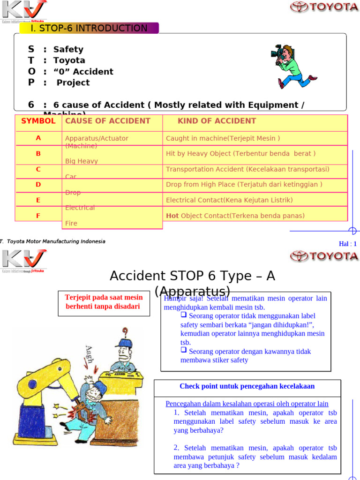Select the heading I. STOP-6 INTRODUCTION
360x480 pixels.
89,28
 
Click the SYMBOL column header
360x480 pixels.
38,121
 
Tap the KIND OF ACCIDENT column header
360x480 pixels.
217,121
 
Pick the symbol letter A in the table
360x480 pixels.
38,138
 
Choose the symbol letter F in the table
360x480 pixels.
38,216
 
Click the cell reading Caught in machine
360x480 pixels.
223,138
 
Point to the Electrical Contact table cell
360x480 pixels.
229,200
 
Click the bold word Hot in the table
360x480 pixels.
172,216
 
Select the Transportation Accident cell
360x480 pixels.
247,169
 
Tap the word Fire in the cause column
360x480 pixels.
71,224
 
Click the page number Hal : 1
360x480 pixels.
348,244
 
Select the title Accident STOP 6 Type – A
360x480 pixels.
192,276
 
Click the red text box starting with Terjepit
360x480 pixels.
104,303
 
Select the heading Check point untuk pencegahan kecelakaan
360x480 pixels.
247,386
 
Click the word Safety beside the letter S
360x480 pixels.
68,49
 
